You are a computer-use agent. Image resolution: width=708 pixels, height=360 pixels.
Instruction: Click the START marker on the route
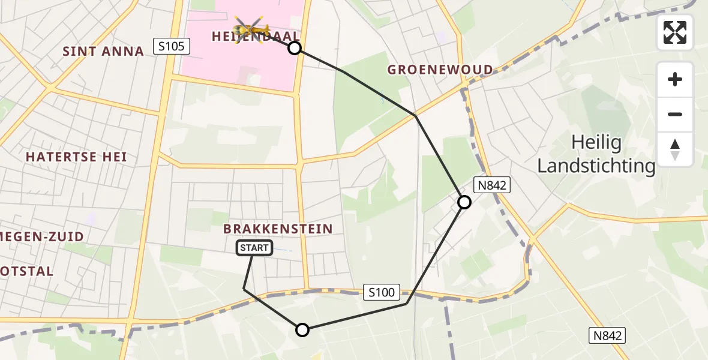tap(255, 248)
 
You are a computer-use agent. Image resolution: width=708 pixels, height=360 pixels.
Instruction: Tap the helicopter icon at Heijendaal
tap(252, 28)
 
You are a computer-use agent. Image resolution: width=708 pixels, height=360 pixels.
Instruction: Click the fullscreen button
tap(675, 32)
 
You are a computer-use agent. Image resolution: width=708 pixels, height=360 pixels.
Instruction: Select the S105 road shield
tap(172, 46)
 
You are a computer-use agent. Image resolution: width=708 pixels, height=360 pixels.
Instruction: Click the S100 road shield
tap(382, 292)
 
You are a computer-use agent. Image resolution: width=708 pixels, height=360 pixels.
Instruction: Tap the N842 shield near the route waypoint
tap(492, 185)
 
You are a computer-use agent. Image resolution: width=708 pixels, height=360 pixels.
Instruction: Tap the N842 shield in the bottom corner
tap(607, 335)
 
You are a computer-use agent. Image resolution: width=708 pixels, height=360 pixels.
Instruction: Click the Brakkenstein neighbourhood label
tap(278, 229)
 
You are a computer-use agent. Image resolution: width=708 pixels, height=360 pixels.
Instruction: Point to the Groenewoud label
tap(440, 70)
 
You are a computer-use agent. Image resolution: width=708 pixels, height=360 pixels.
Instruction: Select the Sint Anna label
tap(103, 52)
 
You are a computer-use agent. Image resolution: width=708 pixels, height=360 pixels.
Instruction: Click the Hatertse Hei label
tap(76, 157)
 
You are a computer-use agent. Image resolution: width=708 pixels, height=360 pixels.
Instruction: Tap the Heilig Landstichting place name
tap(596, 154)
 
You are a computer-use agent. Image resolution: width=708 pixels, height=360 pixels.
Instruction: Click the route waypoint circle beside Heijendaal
tap(295, 48)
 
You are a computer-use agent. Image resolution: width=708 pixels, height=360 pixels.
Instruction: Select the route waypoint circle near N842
tap(464, 202)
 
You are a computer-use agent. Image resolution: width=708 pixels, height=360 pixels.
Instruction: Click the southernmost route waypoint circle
tap(302, 329)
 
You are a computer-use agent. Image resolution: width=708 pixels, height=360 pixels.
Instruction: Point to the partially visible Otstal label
tap(27, 271)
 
